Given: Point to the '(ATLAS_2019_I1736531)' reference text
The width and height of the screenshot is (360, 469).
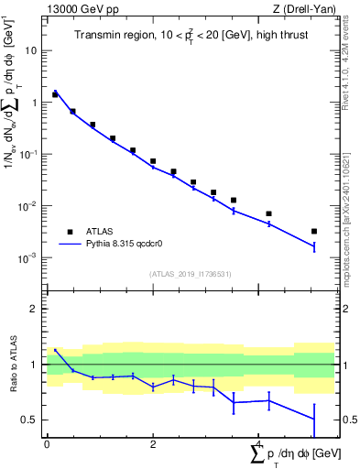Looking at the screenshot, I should (x=191, y=274).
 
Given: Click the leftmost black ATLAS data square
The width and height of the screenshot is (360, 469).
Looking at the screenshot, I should (x=55, y=94).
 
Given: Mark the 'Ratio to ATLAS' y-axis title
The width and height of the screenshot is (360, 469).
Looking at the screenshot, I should (x=14, y=365).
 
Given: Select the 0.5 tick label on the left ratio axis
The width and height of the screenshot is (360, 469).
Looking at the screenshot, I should (x=30, y=420).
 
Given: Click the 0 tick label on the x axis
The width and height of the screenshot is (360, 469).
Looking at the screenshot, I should (x=47, y=443).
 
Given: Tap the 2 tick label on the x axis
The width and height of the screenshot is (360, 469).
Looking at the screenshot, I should (x=153, y=443).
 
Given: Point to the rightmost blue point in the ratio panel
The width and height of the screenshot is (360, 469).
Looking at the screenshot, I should (x=314, y=420).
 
